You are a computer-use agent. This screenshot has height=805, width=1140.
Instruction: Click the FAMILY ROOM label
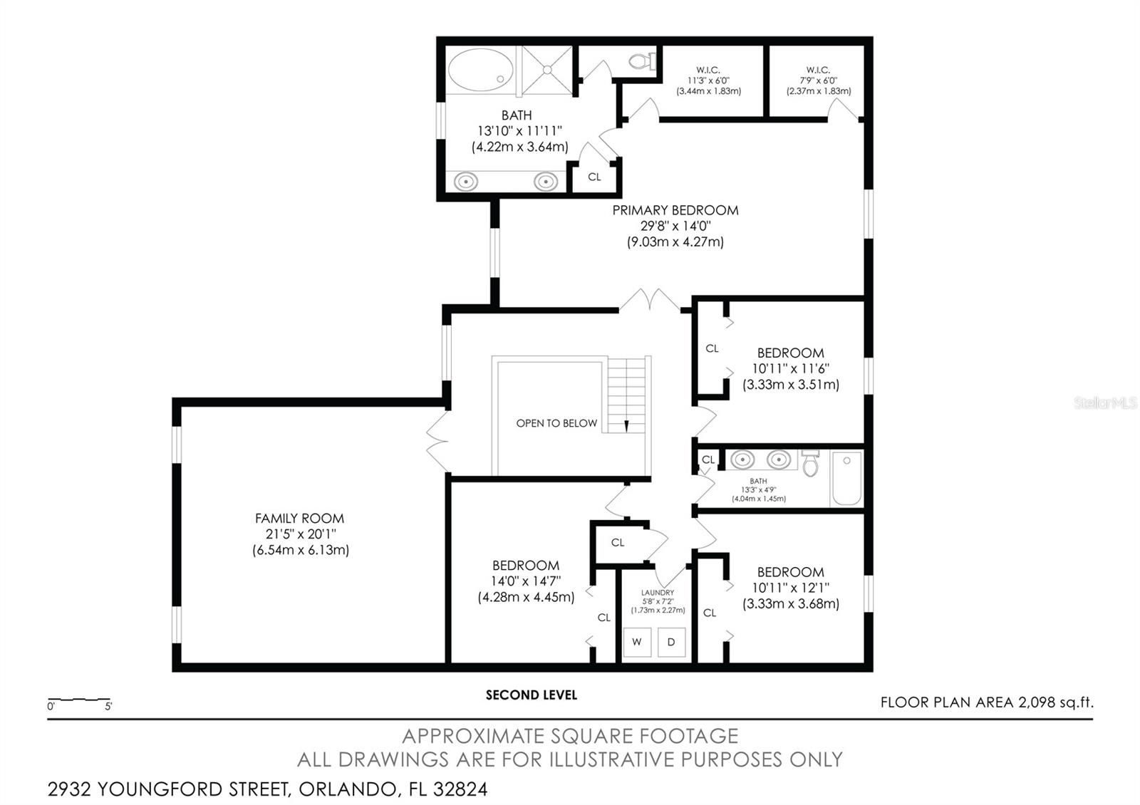click(300, 519)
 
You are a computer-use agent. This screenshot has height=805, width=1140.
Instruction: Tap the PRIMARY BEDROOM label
click(675, 210)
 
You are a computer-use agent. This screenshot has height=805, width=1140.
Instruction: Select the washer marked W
click(637, 642)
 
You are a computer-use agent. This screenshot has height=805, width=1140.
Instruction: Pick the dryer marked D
click(671, 642)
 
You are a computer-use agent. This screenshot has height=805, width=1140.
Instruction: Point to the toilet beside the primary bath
click(643, 61)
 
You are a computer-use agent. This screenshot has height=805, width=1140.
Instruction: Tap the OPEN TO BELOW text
click(556, 423)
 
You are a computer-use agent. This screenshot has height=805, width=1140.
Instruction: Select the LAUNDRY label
click(658, 592)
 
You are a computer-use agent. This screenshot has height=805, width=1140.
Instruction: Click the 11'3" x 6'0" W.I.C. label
click(708, 80)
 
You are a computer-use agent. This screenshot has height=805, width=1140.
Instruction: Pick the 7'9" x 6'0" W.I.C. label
click(819, 80)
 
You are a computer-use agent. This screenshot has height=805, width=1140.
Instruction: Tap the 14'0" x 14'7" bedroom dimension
click(526, 581)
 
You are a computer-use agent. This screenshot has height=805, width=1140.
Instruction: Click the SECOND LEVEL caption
click(532, 695)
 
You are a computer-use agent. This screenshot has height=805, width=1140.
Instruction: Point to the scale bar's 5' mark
click(108, 706)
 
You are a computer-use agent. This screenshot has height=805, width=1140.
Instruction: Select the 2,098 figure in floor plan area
click(1037, 702)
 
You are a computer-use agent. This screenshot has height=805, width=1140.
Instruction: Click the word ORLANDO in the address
click(348, 789)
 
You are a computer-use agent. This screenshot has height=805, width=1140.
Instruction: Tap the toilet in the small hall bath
click(810, 463)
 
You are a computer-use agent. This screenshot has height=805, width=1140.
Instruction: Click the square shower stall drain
click(548, 70)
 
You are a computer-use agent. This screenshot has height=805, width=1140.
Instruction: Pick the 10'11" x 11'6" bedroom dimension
click(791, 368)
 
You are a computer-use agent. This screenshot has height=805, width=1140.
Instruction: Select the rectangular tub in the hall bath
click(847, 478)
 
